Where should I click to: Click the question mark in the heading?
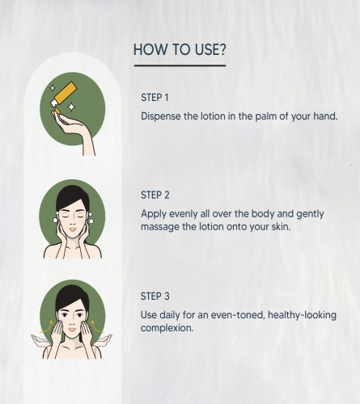222,49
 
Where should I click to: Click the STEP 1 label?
155,98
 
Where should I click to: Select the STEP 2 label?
155,195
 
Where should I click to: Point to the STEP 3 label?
155,297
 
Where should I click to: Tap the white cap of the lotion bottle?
54,103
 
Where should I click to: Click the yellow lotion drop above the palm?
57,111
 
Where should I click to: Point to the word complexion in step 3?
167,328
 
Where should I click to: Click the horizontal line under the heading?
180,65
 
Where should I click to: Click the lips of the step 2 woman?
73,229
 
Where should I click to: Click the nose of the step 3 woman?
72,322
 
